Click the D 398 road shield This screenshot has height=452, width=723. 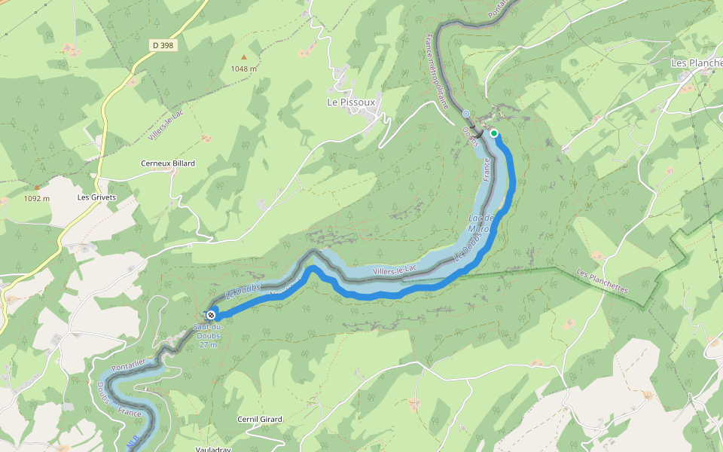pyautogui.click(x=162, y=46)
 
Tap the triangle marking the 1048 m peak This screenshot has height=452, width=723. pyautogui.click(x=243, y=57)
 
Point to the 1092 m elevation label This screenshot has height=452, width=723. pyautogui.click(x=36, y=199)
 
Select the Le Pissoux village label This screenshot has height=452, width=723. pyautogui.click(x=351, y=102)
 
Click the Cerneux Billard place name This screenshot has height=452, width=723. pyautogui.click(x=168, y=163)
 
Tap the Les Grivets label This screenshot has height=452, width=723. pyautogui.click(x=97, y=197)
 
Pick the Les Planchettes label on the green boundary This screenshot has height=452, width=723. pyautogui.click(x=602, y=282)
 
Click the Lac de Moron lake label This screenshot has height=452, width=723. pyautogui.click(x=479, y=223)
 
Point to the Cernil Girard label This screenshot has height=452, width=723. pyautogui.click(x=259, y=420)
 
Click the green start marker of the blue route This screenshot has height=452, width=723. pyautogui.click(x=494, y=133)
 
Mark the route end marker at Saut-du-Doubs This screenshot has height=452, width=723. pyautogui.click(x=211, y=315)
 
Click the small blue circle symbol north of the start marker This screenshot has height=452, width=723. pyautogui.click(x=465, y=115)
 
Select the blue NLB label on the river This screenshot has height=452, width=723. pyautogui.click(x=133, y=441)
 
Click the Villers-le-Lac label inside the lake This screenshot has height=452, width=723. pyautogui.click(x=395, y=269)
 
